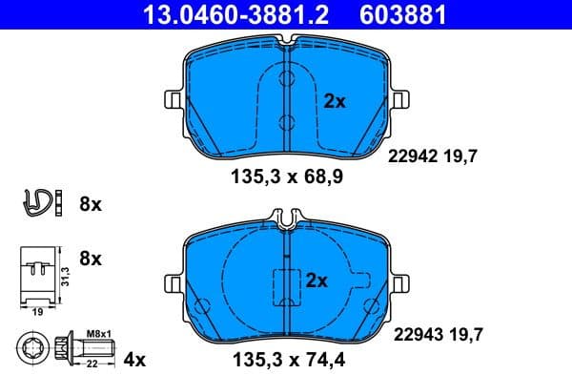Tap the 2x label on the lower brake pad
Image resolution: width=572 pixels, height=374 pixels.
tap(317, 280)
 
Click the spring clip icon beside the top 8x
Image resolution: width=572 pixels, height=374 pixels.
tap(35, 202)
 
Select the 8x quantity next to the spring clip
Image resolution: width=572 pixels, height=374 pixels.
tap(91, 203)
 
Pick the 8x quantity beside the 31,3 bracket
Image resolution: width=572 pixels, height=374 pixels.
tap(91, 258)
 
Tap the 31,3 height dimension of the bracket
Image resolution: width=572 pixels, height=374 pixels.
tap(64, 276)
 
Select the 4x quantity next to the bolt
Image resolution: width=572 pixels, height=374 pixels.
tap(135, 359)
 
